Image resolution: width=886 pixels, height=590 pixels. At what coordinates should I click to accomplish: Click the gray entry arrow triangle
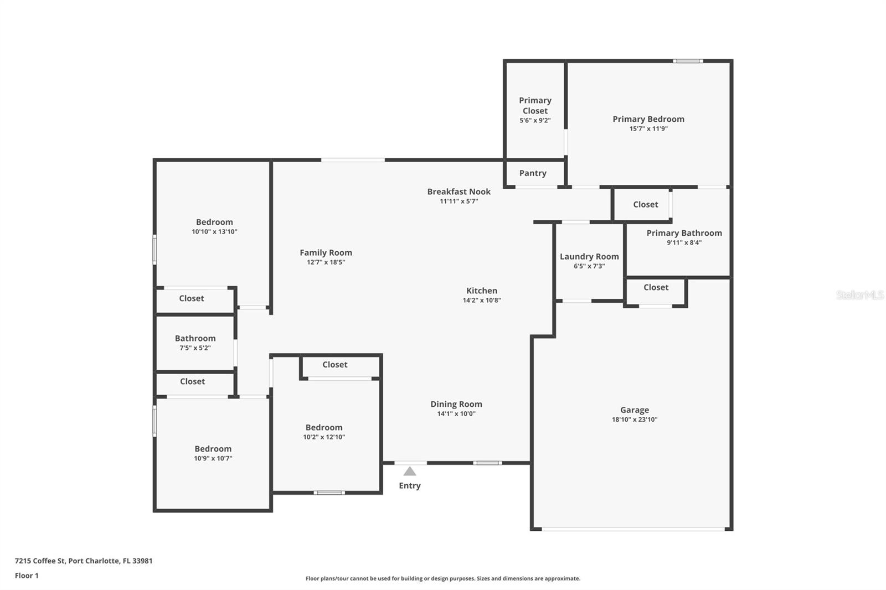(x=410, y=472)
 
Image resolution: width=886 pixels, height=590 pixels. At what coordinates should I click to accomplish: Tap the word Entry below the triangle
(x=410, y=485)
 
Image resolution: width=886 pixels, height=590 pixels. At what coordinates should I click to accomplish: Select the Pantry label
(x=533, y=173)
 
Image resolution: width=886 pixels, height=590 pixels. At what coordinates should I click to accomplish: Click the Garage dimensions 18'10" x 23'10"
(x=634, y=420)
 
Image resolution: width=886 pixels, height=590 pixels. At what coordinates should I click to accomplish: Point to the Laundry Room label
(x=589, y=256)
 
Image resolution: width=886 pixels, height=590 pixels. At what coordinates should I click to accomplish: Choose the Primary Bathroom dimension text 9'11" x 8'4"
(x=684, y=242)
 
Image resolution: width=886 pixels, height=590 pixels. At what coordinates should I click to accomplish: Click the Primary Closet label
(x=535, y=105)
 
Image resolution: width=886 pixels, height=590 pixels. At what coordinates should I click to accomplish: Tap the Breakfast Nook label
(x=459, y=192)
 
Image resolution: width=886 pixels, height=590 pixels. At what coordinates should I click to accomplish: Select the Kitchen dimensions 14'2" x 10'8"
(x=482, y=300)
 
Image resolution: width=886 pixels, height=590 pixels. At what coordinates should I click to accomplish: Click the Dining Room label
(x=456, y=404)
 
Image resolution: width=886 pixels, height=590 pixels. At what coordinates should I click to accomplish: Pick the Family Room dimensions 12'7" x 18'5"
(x=326, y=262)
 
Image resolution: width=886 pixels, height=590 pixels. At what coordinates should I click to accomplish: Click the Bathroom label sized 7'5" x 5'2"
(x=195, y=338)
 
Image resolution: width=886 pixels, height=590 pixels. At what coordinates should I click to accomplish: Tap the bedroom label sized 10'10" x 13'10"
(x=214, y=222)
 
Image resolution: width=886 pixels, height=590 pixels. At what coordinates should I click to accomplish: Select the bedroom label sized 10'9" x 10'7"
(x=213, y=449)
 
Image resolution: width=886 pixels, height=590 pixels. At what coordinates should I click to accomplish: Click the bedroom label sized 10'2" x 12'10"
(x=324, y=427)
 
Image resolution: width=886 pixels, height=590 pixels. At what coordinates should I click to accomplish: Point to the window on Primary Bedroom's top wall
(x=688, y=61)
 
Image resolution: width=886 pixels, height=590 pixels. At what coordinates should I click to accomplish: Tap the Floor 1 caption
(x=27, y=576)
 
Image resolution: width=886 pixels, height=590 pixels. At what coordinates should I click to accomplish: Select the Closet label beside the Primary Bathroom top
(x=645, y=204)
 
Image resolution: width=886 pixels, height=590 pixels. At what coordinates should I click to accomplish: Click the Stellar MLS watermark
(x=859, y=295)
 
